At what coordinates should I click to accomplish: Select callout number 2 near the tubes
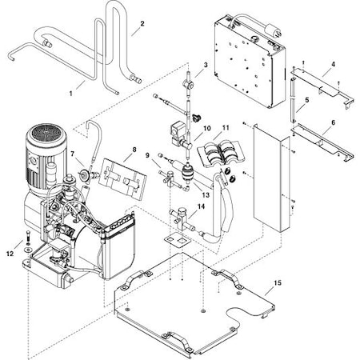[x=142, y=24]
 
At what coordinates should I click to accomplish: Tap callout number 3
[x=206, y=65]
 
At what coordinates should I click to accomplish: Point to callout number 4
[x=333, y=63]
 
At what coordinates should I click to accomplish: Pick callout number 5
[x=306, y=100]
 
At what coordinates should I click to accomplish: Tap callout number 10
[x=206, y=128]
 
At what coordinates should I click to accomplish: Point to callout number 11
[x=226, y=128]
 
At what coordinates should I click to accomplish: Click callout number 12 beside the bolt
[x=10, y=254]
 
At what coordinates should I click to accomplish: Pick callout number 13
[x=206, y=194]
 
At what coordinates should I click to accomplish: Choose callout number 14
[x=202, y=206]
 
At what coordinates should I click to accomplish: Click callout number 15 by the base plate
[x=278, y=283]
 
